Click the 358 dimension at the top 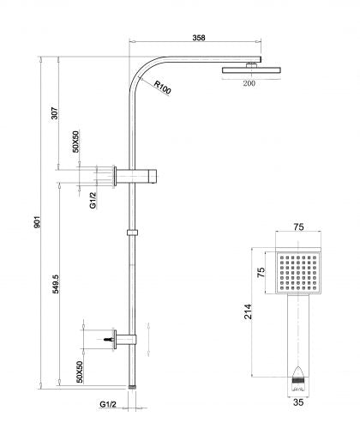pos(199,38)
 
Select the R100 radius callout pos(163,88)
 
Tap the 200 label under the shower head pos(249,83)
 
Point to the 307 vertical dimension pos(54,113)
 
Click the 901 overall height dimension pos(38,222)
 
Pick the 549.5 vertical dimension pos(56,284)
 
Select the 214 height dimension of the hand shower pos(248,311)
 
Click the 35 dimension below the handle pos(298,402)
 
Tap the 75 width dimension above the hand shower pos(298,227)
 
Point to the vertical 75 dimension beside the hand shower pos(261,272)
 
